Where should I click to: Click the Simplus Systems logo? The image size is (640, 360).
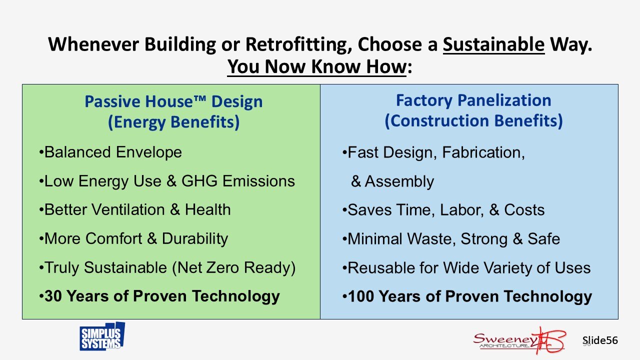(x=102, y=336)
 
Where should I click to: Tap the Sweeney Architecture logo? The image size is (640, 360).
(x=519, y=341)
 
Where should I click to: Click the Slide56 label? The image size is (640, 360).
(x=600, y=340)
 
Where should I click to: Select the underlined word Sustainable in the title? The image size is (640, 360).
(x=493, y=44)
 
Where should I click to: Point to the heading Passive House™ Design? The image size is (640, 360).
(x=173, y=101)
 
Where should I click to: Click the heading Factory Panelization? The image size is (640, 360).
(x=473, y=100)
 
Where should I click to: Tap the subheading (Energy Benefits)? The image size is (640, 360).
(x=173, y=122)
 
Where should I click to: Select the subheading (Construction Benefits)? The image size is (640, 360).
(x=473, y=120)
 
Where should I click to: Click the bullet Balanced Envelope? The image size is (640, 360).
(x=110, y=152)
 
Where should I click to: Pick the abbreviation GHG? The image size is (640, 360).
(x=199, y=181)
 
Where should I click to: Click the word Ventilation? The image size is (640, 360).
(x=128, y=209)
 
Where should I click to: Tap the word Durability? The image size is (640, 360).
(x=195, y=239)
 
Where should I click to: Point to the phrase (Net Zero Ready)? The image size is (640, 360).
(x=233, y=268)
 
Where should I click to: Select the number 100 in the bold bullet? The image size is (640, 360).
(x=361, y=296)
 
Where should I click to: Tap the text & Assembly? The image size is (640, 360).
(x=392, y=181)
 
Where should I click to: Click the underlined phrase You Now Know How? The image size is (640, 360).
(x=317, y=66)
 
